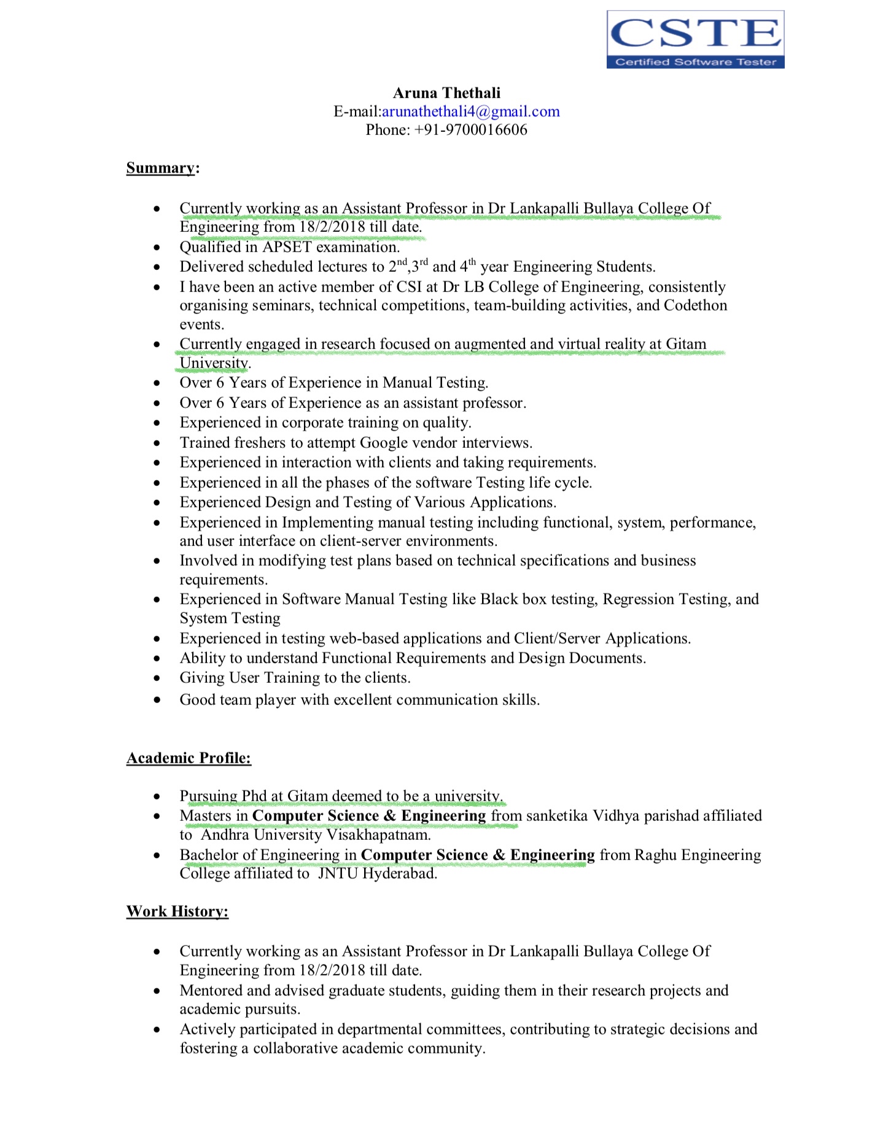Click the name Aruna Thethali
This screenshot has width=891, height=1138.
coord(446,93)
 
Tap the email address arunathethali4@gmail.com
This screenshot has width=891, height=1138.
coord(471,112)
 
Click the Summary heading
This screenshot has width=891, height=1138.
coord(160,168)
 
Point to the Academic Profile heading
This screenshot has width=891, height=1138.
coord(189,758)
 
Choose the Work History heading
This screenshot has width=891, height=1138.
coord(177,912)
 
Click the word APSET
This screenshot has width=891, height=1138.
coord(287,247)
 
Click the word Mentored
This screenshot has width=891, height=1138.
coord(211,991)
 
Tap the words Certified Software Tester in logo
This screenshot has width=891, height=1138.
coord(695,62)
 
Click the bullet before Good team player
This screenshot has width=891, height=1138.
coord(158,700)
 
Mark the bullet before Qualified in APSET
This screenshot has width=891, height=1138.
coord(158,248)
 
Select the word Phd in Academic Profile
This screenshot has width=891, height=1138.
coord(254,796)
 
